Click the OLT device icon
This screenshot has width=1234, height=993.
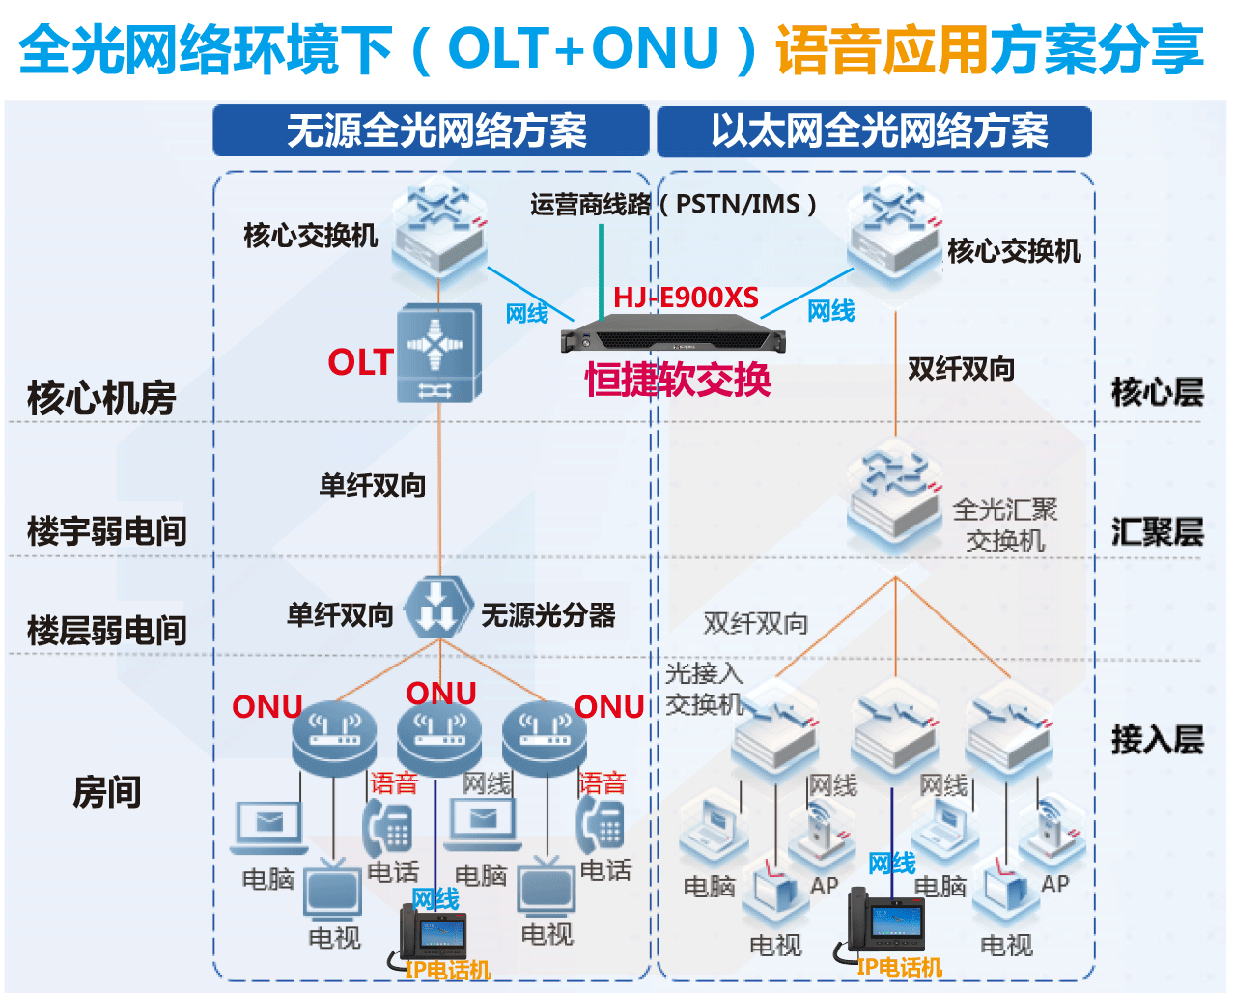pos(439,354)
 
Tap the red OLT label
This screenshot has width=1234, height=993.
pos(359,362)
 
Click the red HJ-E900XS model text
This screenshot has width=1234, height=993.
pos(686,298)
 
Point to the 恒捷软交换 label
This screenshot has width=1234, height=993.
pos(678,380)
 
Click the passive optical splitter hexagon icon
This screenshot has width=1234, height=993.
pos(438,608)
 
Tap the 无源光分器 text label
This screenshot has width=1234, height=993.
pos(547,615)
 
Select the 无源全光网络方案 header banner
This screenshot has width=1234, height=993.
pos(431,130)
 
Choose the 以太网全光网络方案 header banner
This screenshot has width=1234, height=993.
pos(875,130)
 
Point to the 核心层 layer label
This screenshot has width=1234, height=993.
pos(1157,392)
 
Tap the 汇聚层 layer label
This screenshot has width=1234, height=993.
pos(1157,532)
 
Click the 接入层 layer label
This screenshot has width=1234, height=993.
pos(1157,740)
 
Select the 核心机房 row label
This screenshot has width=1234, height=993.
pos(101,398)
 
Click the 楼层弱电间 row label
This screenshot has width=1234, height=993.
pos(106,631)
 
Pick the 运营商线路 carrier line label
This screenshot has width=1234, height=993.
pos(590,205)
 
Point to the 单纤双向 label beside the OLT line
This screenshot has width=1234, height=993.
pos(373,486)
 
